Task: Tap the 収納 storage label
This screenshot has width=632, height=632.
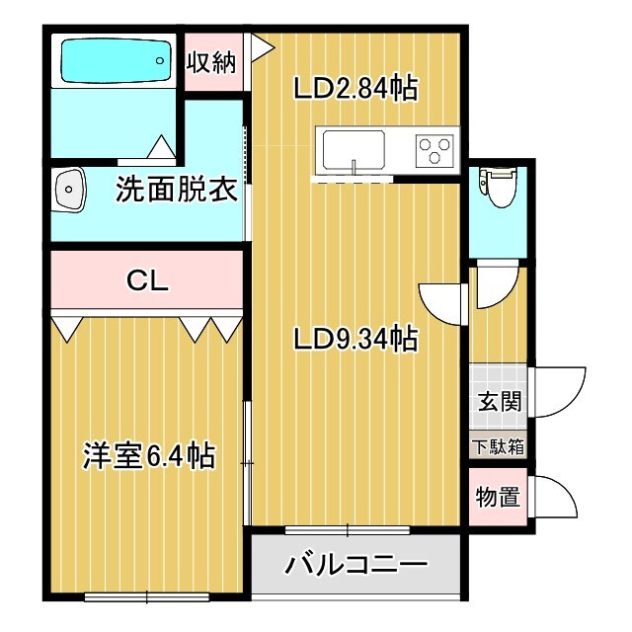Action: (212, 62)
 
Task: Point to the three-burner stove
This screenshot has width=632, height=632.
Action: (433, 151)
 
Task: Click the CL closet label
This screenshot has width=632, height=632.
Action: (148, 279)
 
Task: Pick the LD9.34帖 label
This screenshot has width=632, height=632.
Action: (355, 340)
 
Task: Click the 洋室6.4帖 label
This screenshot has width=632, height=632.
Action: (148, 456)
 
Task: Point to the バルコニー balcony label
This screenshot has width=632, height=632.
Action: (356, 566)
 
